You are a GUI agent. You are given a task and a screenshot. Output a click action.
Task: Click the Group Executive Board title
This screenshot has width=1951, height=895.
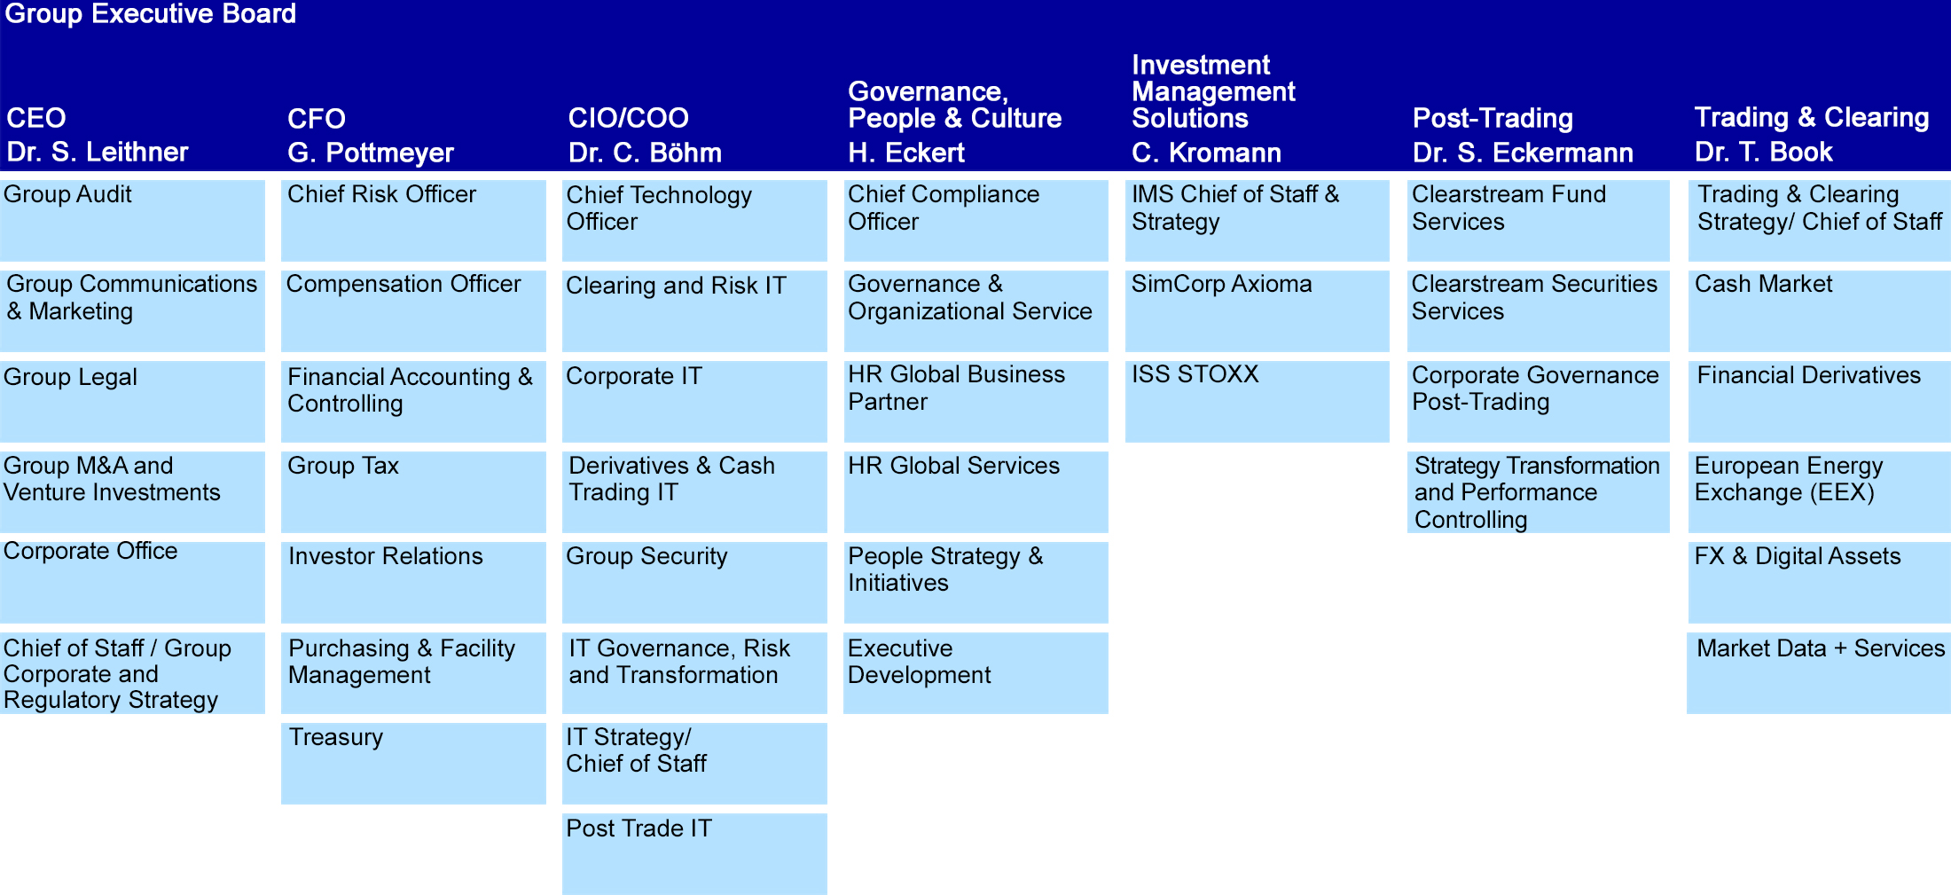coord(151,14)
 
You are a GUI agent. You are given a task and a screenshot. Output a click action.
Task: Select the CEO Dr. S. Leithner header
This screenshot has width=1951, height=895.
coord(98,135)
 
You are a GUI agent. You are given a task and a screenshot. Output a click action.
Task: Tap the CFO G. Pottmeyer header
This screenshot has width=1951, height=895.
coord(371,136)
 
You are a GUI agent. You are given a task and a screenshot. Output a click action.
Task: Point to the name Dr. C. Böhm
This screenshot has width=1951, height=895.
coord(645,153)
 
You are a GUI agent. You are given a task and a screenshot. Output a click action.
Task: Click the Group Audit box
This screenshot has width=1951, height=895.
coord(132,221)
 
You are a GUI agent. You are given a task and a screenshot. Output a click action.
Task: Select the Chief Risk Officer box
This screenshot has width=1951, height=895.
coord(413,221)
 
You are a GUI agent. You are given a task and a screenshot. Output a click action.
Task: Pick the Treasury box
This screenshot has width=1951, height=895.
coord(413,764)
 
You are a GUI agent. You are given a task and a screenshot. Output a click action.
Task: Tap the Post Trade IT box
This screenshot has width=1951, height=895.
coord(694,854)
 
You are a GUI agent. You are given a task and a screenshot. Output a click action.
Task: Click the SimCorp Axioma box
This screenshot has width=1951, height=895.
coord(1258,311)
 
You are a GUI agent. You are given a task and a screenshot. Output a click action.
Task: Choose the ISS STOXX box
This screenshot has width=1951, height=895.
coord(1258,402)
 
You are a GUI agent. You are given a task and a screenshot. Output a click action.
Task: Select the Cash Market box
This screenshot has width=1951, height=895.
coord(1820,311)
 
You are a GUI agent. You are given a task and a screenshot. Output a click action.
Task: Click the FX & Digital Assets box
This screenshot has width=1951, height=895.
coord(1820,583)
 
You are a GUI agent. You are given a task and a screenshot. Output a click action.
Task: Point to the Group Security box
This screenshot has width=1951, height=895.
coord(694,583)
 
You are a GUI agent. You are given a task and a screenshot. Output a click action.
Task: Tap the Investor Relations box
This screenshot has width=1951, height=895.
coord(413,583)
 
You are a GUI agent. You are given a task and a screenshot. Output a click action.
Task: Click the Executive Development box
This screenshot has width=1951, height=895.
coord(975,673)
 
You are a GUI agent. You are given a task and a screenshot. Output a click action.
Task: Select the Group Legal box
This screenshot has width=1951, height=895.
coord(132,402)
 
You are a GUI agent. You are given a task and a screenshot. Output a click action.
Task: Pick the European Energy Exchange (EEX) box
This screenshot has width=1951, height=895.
coord(1820,492)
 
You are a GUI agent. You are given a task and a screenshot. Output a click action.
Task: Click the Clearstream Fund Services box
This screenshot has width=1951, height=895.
coord(1539,221)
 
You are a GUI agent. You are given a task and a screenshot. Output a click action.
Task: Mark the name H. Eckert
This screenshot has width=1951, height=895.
coord(906,153)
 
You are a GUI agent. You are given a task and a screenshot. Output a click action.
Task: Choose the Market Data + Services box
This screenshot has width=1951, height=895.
coord(1819,673)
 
